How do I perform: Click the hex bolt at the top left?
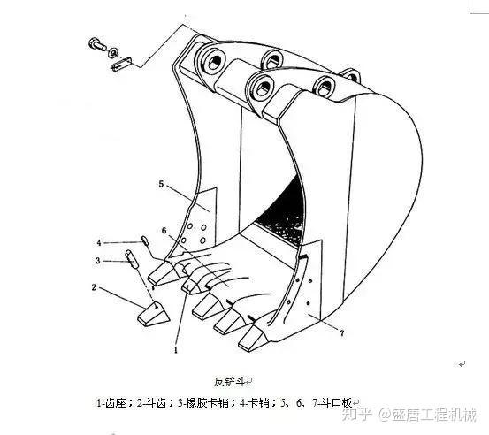[97, 44]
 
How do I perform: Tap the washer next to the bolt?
[112, 52]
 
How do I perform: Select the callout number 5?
[161, 184]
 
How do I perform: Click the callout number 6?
[164, 231]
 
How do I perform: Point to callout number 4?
[99, 242]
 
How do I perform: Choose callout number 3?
[98, 260]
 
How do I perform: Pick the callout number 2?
[94, 287]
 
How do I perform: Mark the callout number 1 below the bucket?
[176, 350]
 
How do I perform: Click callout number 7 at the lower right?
[342, 333]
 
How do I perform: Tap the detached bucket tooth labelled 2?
[154, 314]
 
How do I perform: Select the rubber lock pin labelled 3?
[132, 258]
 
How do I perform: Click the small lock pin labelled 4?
[145, 240]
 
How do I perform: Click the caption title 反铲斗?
[229, 382]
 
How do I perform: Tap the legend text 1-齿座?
[111, 403]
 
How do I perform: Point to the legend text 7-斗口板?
[332, 403]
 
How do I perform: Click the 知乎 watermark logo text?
[357, 415]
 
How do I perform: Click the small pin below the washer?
[122, 64]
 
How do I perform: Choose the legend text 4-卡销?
[255, 403]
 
